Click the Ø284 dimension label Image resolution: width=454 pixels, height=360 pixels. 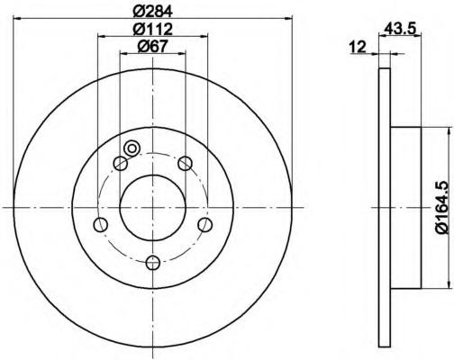(x=153, y=11)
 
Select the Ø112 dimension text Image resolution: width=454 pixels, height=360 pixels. (x=153, y=29)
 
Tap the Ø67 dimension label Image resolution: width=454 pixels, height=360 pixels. (x=152, y=46)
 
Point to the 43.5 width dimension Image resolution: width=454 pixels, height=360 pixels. (x=400, y=29)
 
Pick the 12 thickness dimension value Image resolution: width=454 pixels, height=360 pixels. (x=358, y=47)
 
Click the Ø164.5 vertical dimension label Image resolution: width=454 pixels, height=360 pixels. (x=444, y=207)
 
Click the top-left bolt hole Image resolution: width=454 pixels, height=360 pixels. (x=121, y=163)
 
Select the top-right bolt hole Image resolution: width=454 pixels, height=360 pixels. (x=185, y=163)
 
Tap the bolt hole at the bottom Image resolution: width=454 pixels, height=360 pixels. (x=153, y=263)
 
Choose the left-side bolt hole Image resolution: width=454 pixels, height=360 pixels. (x=101, y=224)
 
